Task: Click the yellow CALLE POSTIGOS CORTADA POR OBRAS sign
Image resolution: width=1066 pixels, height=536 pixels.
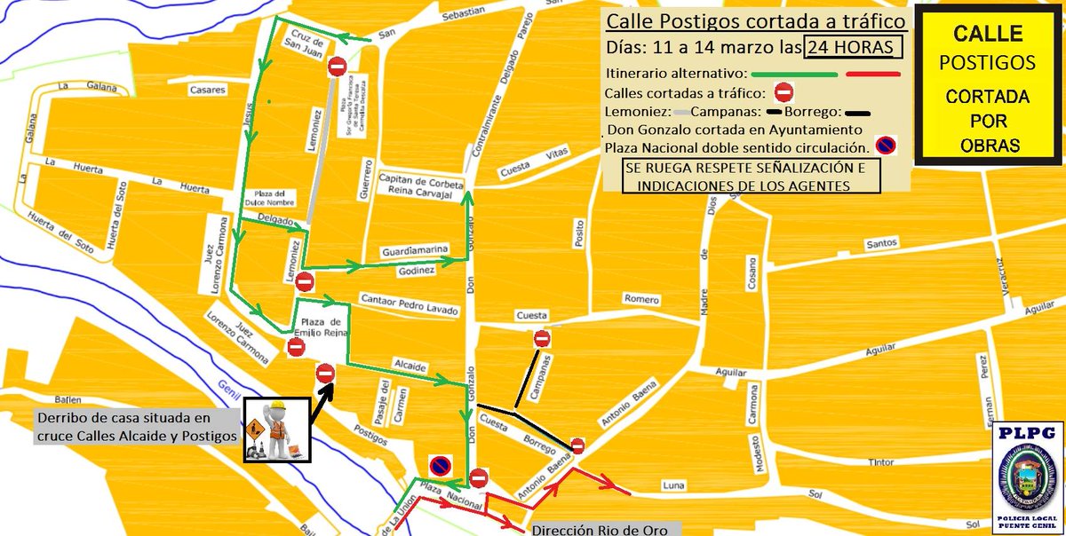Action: (987, 88)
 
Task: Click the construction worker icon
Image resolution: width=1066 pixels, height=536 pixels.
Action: (276, 430)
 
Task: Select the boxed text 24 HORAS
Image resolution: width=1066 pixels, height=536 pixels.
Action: (854, 46)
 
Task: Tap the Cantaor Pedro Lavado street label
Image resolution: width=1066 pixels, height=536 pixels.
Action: (409, 303)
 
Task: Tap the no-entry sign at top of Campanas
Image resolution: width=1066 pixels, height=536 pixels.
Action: (542, 338)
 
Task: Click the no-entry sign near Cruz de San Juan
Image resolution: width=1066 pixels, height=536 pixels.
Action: (337, 67)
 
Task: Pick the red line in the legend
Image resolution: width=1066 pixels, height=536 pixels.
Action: (874, 74)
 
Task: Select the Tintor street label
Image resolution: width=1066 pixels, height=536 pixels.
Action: (881, 461)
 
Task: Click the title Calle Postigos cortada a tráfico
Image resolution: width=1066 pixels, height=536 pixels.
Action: (754, 20)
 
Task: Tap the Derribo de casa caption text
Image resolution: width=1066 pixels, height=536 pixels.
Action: (137, 427)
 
